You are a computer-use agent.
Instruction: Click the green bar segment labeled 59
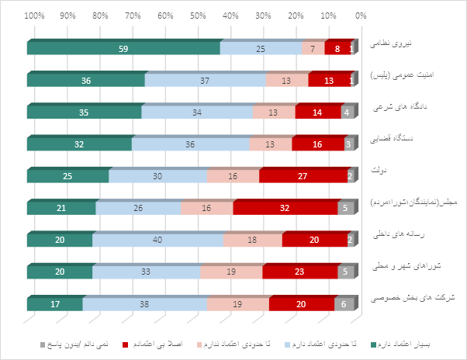coord(123,48)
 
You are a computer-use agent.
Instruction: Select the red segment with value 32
coord(285,208)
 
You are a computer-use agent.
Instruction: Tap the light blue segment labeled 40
coord(157,240)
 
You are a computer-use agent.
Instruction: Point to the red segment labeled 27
coord(303,176)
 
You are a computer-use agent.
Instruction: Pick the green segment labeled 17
coord(55,304)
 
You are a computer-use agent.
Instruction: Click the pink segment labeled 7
coord(313,48)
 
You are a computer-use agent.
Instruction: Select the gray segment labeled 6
coord(344,304)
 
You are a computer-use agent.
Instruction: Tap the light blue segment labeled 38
coord(145,304)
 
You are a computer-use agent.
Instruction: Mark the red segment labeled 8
coord(337,48)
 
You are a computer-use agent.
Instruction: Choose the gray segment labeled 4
coord(347,112)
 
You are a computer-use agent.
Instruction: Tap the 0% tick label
coord(360,15)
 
